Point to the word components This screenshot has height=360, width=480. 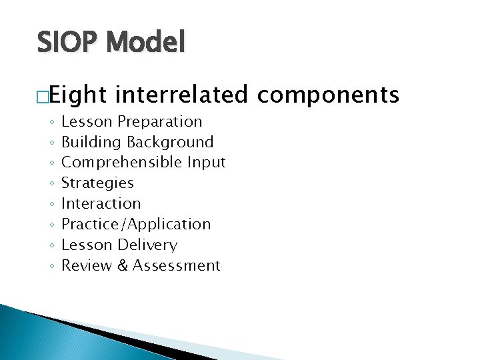pyautogui.click(x=328, y=95)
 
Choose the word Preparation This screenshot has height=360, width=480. pyautogui.click(x=160, y=121)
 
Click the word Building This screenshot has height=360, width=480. pyautogui.click(x=92, y=142)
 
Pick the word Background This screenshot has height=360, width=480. pyautogui.click(x=171, y=142)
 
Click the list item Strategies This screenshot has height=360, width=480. pyautogui.click(x=97, y=183)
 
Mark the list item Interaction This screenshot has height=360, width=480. pyautogui.click(x=101, y=203)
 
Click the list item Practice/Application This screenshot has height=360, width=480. pyautogui.click(x=136, y=224)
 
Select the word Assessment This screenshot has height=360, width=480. pyautogui.click(x=176, y=265)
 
